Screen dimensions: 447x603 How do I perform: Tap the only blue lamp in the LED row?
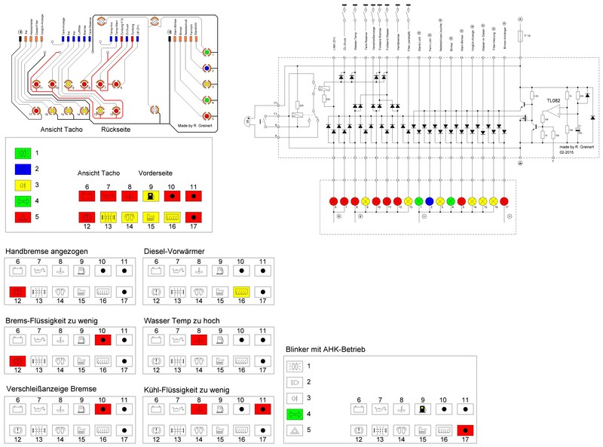point(429,201)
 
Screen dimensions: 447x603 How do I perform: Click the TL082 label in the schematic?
point(555,100)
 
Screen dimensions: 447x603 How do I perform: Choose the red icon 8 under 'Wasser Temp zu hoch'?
point(200,339)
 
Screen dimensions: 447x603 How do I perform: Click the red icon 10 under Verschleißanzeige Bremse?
point(103,409)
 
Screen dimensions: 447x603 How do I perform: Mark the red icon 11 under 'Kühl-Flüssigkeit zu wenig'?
point(264,409)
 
